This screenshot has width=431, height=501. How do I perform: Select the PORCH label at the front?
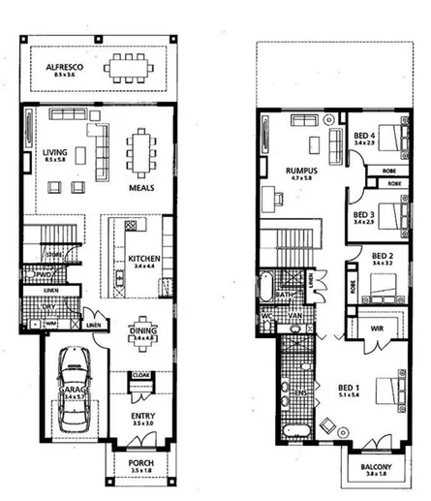click(140, 463)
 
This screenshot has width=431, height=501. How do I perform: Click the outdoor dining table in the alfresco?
click(128, 68)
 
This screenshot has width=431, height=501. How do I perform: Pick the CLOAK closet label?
click(139, 374)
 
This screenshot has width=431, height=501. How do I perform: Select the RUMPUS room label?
click(297, 170)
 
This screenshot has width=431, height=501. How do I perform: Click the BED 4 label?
click(364, 136)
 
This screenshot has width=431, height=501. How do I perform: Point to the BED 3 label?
click(363, 214)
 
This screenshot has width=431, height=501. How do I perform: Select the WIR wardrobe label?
click(381, 329)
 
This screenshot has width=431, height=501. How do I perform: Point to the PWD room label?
click(45, 274)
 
